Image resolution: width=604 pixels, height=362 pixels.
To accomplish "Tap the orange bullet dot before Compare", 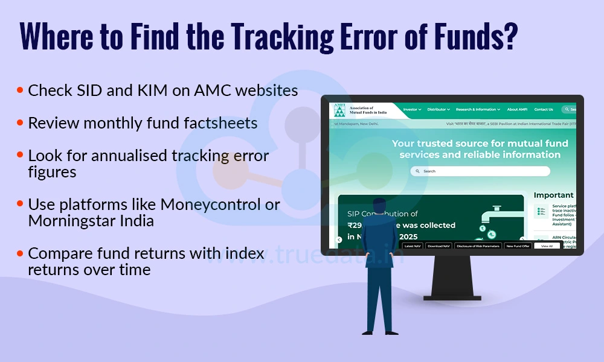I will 20,253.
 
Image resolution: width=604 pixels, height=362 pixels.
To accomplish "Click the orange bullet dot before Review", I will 20,123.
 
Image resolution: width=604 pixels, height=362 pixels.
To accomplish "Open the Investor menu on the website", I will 413,110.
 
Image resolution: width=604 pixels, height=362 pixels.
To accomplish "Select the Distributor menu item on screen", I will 438,110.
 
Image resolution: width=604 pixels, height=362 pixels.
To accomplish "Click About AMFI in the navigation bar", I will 516,110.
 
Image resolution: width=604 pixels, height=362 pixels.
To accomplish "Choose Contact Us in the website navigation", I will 543,110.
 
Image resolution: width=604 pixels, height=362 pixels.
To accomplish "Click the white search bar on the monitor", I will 480,171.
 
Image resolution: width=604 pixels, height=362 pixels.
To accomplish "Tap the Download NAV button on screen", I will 439,246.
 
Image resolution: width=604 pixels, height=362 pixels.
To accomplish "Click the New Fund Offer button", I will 518,246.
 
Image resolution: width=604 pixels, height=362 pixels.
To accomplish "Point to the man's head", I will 379,206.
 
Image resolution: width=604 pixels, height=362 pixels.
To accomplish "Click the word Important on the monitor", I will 553,195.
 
